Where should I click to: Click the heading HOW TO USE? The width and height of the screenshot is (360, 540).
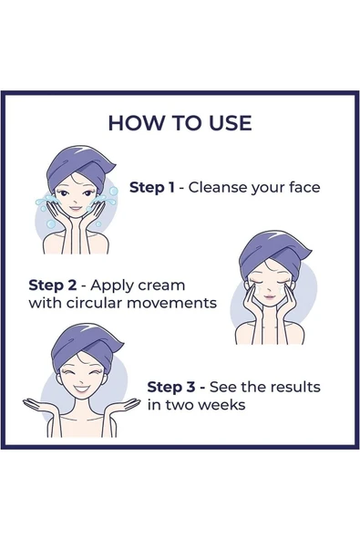[180, 123]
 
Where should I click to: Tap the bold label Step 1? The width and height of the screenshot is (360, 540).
[152, 187]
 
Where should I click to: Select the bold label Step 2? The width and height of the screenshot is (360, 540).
[53, 286]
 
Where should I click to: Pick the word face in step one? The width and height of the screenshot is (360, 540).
[304, 187]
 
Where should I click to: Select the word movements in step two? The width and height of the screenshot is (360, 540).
[171, 304]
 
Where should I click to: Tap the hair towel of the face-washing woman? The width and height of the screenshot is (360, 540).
[78, 166]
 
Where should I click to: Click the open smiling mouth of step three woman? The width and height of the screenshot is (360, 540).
[81, 389]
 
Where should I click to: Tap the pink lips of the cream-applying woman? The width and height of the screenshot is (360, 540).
[270, 296]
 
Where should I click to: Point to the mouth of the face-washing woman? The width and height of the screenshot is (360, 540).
[76, 208]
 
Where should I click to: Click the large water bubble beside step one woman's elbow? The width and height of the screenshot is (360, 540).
[51, 224]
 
